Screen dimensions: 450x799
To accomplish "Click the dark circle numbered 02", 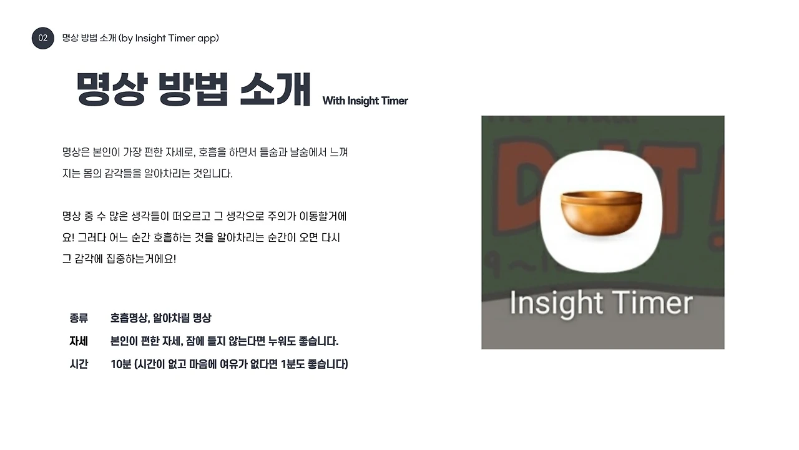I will coord(43,38).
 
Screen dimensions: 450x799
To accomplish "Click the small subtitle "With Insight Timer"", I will coord(365,101).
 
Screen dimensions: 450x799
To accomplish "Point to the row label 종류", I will coord(79,318).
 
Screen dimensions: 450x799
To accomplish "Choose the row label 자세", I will coord(79,341).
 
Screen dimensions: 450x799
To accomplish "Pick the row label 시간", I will coord(79,364).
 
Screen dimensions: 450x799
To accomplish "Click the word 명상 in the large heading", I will coord(110,90).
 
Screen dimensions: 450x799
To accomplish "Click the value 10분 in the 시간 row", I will coord(120,364).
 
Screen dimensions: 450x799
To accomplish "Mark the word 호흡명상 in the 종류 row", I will coord(129,318).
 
